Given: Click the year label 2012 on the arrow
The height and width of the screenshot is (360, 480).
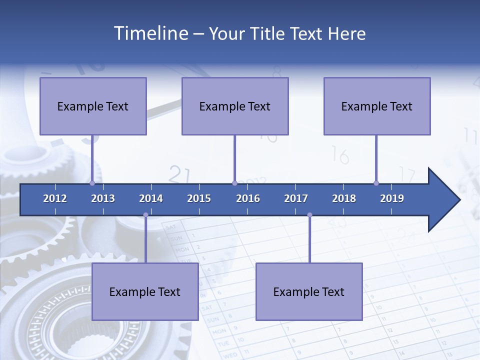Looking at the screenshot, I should pos(55,198).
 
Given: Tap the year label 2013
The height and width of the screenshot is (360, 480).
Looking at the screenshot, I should pos(103,198).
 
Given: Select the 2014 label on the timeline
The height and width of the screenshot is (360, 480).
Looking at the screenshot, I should pos(151,198).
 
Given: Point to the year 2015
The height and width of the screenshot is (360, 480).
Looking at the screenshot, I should pos(199,198).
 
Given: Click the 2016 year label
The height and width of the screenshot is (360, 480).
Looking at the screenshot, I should pos(248,198).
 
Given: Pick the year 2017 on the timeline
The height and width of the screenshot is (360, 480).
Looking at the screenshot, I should pos(296,198).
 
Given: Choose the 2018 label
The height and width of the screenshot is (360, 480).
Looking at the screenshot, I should pos(344,198).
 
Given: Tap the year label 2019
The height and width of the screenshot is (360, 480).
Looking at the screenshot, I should pos(392,198).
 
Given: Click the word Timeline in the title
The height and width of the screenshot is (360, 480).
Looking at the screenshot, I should pos(150,33).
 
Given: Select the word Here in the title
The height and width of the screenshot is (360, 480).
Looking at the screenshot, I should pos(346,33).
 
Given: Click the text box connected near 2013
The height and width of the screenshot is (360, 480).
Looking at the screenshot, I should pos(93,106).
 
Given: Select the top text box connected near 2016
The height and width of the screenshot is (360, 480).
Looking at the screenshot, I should pos(235,106).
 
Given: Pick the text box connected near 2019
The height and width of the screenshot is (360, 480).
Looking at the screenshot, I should pos(377,106).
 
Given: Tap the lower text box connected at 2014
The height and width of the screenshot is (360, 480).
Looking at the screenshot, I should pos(145,291).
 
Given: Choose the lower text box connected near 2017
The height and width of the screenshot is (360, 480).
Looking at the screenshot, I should pos(309,291).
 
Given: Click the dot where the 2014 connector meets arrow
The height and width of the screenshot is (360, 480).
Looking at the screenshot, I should pos(145,215).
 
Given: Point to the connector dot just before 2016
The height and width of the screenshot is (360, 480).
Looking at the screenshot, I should pos(234,183).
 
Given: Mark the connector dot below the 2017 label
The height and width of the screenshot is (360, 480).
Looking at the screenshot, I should pos(309,215).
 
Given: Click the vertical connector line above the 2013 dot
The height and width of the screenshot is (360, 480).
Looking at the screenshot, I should pos(92,157).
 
